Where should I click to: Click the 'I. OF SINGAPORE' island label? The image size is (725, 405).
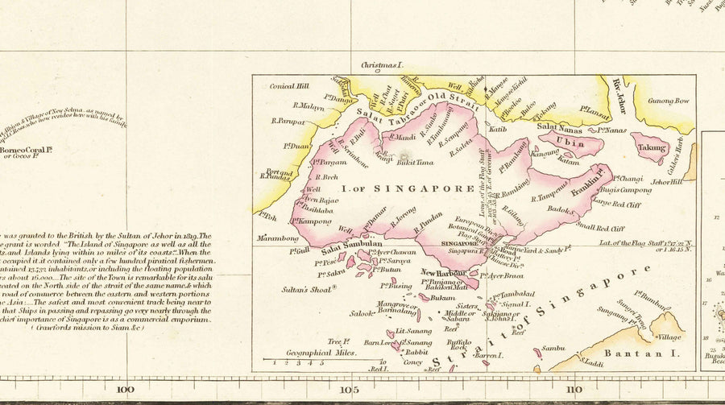point(408,188)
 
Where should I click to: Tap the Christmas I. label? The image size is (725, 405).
point(381,64)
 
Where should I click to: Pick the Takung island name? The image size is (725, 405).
point(650,148)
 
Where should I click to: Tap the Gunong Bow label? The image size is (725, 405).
point(672,101)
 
